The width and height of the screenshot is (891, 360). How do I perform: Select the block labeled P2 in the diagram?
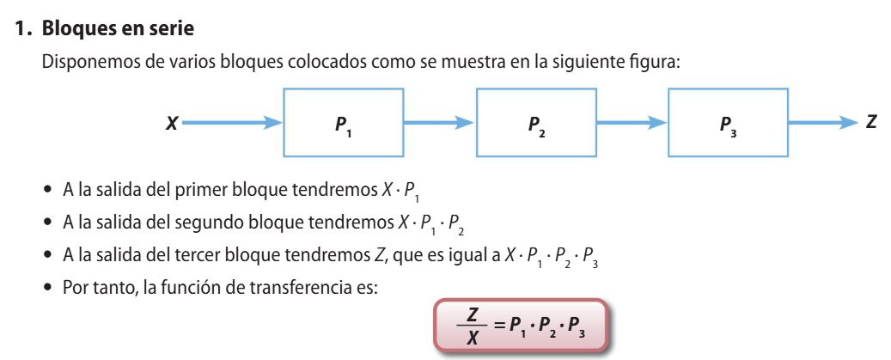pos(536,124)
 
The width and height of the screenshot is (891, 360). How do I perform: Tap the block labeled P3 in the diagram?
pos(728,124)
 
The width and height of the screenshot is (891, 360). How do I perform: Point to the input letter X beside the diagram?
pos(172,124)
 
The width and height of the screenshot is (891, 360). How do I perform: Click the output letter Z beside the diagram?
pos(871,123)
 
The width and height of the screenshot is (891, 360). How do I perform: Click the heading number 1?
pos(22,29)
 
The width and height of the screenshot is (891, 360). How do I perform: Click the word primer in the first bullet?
pos(225,188)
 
